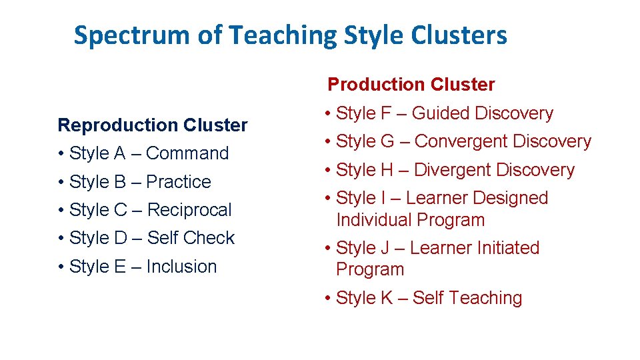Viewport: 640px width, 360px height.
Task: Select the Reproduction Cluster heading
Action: pyautogui.click(x=153, y=125)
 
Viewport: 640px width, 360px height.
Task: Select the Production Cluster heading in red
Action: pyautogui.click(x=411, y=85)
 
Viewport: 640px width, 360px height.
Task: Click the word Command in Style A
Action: pyautogui.click(x=187, y=153)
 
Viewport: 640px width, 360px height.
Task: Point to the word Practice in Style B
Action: pyautogui.click(x=178, y=182)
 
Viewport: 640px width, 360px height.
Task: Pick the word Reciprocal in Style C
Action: pyautogui.click(x=189, y=210)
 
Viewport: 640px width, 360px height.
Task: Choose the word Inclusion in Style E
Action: pyautogui.click(x=181, y=267)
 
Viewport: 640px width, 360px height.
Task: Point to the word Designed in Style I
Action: pyautogui.click(x=512, y=198)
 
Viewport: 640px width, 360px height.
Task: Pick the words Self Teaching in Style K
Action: pyautogui.click(x=467, y=298)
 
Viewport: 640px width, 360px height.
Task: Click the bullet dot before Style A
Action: pyautogui.click(x=61, y=154)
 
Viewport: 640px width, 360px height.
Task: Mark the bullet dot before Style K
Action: pyautogui.click(x=328, y=299)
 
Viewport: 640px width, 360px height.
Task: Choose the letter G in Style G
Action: pyautogui.click(x=387, y=142)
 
